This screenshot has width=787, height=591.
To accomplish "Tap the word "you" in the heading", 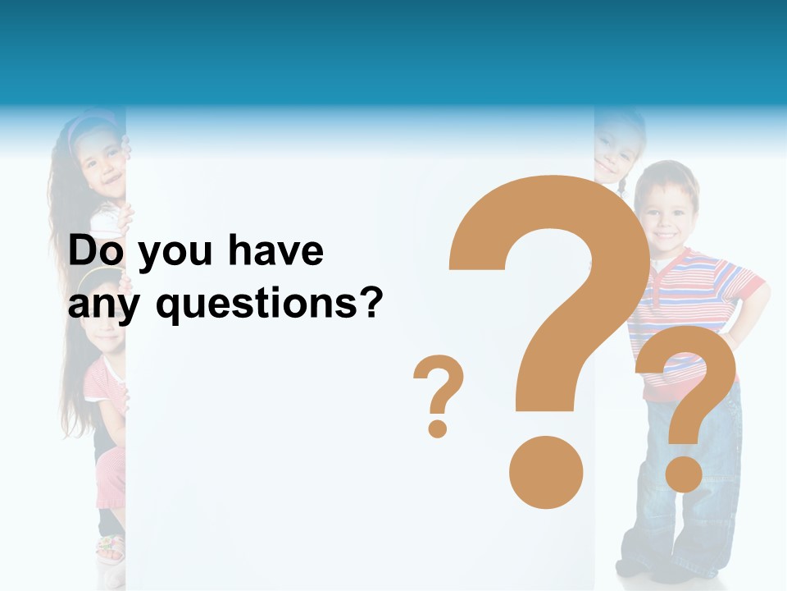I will pyautogui.click(x=175, y=254).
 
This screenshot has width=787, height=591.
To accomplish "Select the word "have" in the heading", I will pyautogui.click(x=275, y=251).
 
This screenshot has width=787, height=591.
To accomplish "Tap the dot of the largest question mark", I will pyautogui.click(x=546, y=472).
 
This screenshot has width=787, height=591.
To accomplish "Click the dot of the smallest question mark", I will pyautogui.click(x=438, y=427).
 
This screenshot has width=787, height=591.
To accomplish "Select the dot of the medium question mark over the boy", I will pyautogui.click(x=684, y=474).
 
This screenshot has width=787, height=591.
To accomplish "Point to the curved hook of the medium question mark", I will pyautogui.click(x=689, y=369).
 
